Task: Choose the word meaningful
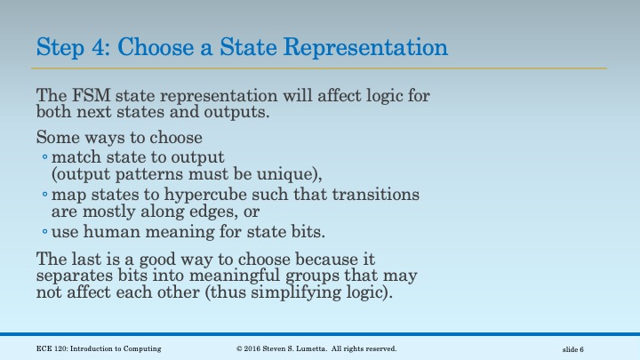click(229, 276)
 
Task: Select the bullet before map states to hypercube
click(44, 195)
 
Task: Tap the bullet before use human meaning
click(44, 233)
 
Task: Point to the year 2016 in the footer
click(257, 348)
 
